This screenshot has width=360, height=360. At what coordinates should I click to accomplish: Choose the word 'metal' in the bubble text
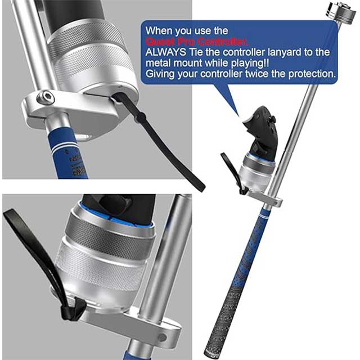(158, 62)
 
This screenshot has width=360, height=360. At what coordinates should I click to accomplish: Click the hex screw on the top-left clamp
(43, 99)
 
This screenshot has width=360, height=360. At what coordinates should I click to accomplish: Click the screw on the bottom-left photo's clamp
(163, 337)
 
